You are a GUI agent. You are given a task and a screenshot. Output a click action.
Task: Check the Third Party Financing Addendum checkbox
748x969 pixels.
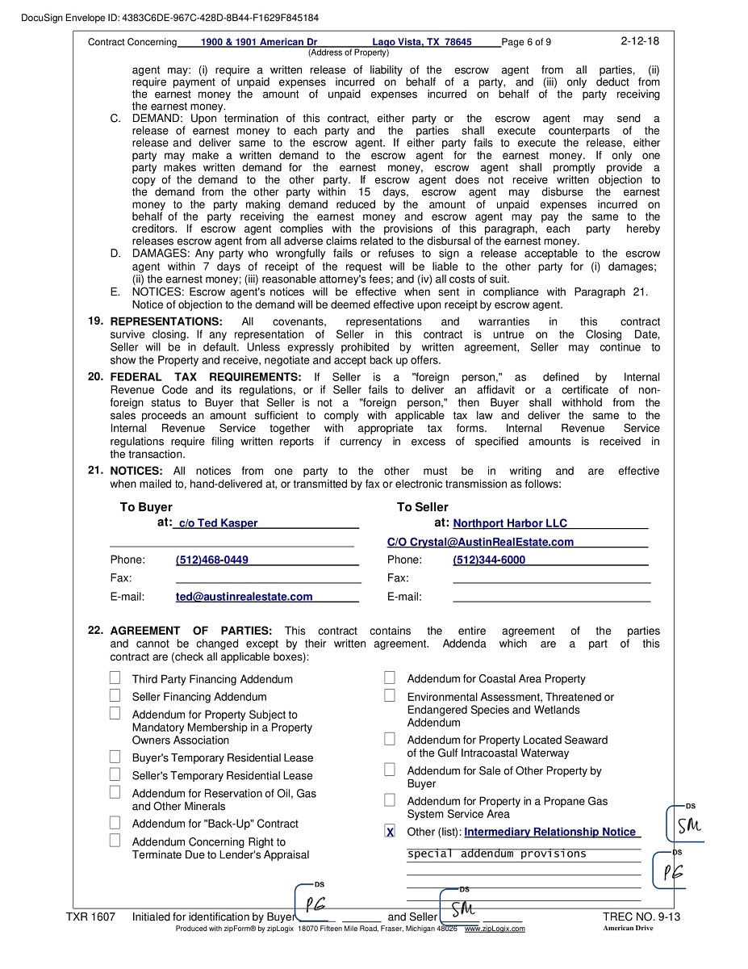pos(115,678)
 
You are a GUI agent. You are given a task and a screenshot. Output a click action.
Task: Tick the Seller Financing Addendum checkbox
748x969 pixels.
pos(115,695)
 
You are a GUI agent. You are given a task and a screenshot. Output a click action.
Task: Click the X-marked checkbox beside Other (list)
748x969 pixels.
pos(390,832)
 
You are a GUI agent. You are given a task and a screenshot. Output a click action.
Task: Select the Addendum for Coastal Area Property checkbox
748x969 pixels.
pos(390,678)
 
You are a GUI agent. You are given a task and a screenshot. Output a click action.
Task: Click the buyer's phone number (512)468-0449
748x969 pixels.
pos(211,560)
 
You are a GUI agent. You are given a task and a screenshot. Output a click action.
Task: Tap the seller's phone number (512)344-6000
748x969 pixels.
pos(489,560)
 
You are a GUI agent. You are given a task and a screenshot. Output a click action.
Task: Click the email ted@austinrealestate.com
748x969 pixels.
pos(244,597)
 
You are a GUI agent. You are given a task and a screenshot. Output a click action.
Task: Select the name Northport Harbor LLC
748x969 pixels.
pos(510,523)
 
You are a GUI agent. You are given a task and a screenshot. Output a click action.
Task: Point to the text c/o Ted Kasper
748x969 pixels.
pos(218,523)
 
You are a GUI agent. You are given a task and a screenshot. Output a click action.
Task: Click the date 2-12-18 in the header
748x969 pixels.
pos(640,40)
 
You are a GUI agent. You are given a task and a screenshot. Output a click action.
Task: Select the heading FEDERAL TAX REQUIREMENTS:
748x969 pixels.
pos(206,377)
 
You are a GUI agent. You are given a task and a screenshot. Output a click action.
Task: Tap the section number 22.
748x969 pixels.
pos(95,631)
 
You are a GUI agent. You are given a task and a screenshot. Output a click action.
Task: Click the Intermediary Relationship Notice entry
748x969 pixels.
pos(550,832)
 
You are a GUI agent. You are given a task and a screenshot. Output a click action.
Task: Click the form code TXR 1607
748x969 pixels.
pos(91,917)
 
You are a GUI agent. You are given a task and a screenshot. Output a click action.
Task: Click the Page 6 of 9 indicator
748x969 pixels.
pos(526,42)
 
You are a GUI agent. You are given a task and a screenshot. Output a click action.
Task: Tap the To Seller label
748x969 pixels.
pos(422,507)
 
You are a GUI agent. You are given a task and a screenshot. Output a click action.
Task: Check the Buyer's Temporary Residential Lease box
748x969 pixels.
pos(115,757)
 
